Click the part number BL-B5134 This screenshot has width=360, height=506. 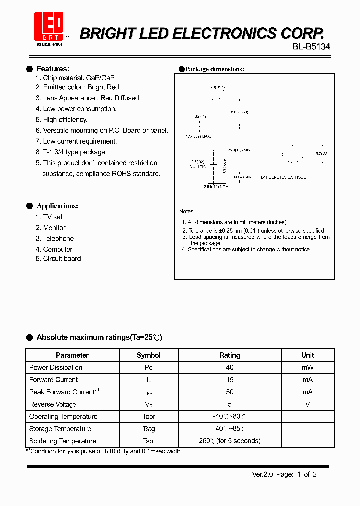[x=311, y=47]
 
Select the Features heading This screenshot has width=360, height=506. [x=53, y=69]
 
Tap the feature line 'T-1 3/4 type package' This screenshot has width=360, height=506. [x=74, y=152]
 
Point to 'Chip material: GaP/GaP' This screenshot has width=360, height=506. [x=78, y=78]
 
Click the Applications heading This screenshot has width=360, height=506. [x=57, y=206]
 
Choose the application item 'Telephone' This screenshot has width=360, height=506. [x=58, y=239]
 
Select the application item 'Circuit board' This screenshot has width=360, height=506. [x=62, y=259]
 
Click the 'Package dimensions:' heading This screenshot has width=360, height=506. [x=214, y=69]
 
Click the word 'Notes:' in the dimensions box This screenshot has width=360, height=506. [x=187, y=212]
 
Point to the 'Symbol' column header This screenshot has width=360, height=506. [x=149, y=355]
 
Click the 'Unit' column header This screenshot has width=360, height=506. [x=308, y=355]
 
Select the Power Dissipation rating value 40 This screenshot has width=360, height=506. [x=230, y=368]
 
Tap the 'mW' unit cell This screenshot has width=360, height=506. [x=308, y=368]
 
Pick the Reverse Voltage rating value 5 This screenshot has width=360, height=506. [x=230, y=404]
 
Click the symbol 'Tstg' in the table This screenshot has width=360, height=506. [x=149, y=429]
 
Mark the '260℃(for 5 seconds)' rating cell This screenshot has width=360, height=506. [x=230, y=441]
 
